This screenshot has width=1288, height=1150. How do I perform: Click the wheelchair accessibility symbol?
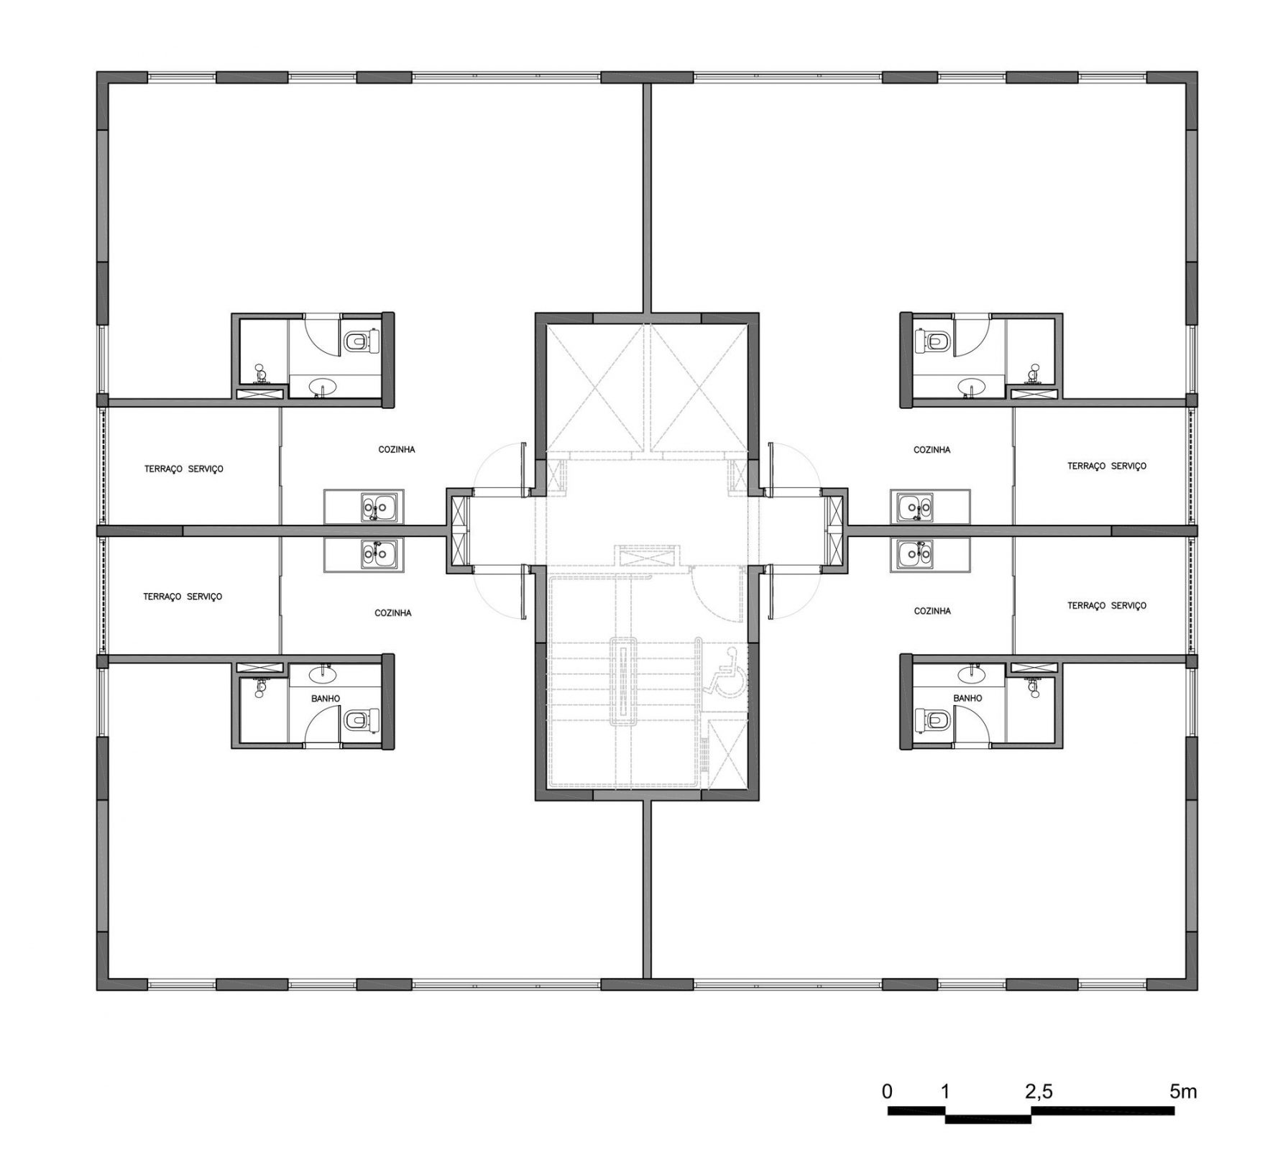724,673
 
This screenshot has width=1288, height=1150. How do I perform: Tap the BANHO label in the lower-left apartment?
326,698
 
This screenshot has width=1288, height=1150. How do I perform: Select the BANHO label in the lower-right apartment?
967,698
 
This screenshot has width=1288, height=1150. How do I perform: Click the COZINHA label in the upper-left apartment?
397,450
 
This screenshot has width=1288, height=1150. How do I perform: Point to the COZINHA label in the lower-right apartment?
932,611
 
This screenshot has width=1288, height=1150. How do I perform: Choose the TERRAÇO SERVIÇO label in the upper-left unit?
183,469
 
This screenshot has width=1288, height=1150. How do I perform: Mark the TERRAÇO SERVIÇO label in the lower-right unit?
1106,606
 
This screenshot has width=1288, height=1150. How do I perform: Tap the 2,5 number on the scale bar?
1039,1092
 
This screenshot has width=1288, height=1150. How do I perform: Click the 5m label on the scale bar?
1182,1092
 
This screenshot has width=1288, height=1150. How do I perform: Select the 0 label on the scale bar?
887,1092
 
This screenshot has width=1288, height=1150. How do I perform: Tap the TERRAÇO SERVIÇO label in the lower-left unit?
183,597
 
